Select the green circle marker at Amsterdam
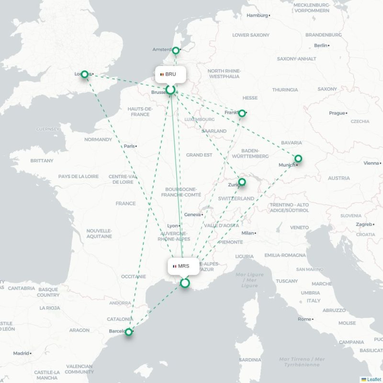click(176, 50)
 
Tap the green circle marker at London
click(84, 74)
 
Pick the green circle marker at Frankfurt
click(242, 113)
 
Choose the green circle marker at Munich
click(298, 158)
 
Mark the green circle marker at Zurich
click(242, 182)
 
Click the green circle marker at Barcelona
click(128, 332)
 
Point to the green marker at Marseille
click(185, 283)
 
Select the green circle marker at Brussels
click(170, 90)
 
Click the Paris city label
click(129, 146)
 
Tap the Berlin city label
click(321, 45)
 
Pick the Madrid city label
click(21, 353)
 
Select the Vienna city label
click(371, 163)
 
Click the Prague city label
click(337, 113)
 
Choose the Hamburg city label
click(257, 15)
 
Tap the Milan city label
click(248, 233)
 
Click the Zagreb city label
click(364, 225)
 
